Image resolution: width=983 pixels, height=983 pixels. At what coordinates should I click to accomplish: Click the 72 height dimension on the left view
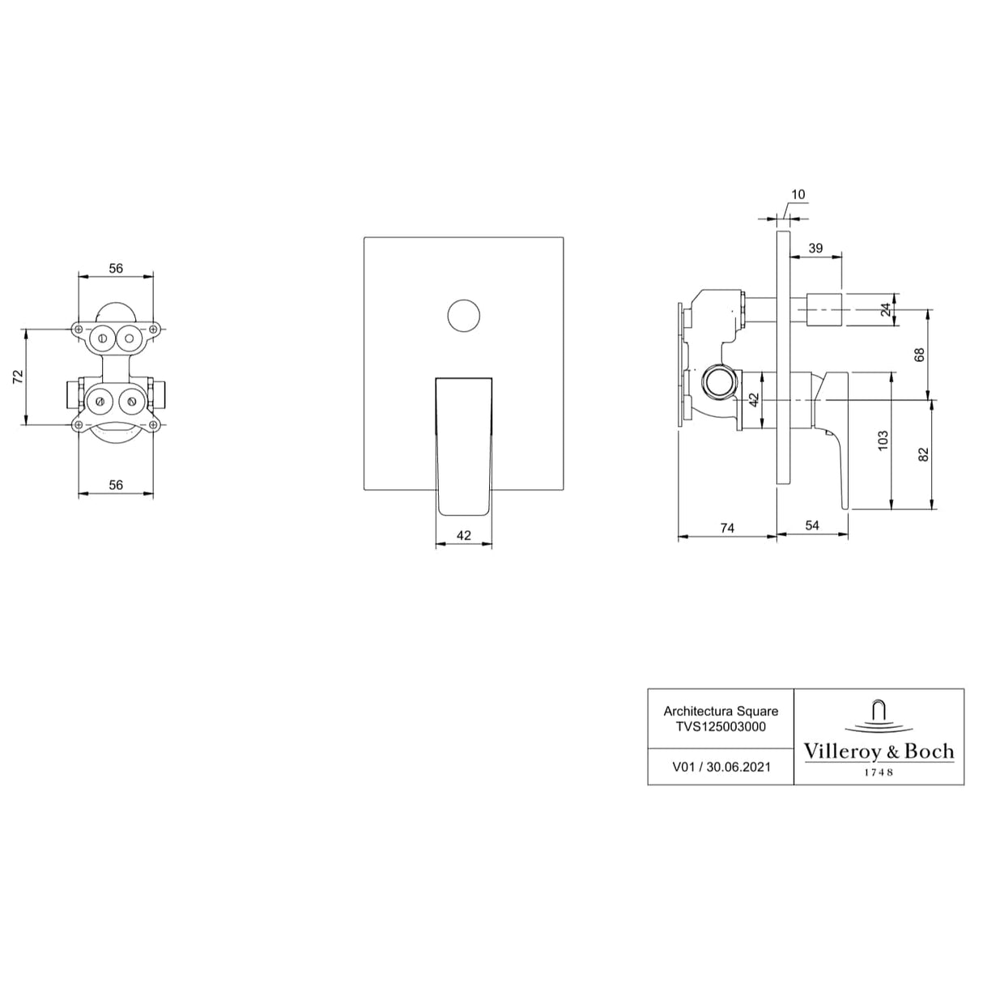tap(18, 376)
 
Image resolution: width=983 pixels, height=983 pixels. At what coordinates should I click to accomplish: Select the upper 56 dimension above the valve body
tap(116, 268)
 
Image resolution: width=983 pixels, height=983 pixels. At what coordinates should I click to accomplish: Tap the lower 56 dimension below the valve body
tap(116, 484)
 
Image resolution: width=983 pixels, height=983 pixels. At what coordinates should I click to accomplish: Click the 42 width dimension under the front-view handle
tap(464, 535)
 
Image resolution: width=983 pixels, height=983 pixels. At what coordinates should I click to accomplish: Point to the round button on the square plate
tap(464, 315)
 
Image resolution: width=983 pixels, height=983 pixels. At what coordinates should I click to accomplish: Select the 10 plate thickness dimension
tap(798, 194)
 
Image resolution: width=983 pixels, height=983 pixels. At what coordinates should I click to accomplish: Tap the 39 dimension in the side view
tap(815, 248)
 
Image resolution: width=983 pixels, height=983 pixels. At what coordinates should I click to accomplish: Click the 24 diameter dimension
tap(886, 309)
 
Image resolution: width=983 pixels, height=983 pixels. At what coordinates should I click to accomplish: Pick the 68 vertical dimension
tap(919, 355)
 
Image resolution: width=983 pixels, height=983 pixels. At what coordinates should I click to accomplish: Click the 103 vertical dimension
tap(883, 440)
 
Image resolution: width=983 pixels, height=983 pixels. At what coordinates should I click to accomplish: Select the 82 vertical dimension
tap(924, 454)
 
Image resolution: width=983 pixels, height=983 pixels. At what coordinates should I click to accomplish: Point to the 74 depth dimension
tap(727, 528)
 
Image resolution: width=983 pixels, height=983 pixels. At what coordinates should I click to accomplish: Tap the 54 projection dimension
tap(812, 526)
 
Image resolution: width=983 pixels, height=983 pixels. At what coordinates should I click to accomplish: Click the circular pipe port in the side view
tap(720, 381)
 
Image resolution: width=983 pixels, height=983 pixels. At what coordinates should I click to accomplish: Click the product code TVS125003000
tap(721, 726)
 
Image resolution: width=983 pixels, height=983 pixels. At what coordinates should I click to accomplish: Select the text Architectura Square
tap(721, 711)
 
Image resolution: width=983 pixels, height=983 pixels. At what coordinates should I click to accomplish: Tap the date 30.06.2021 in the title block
tap(738, 767)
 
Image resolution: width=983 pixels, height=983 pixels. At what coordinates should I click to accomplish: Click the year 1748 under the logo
tap(879, 772)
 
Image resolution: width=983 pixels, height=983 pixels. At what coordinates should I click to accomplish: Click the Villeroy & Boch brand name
tap(879, 751)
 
